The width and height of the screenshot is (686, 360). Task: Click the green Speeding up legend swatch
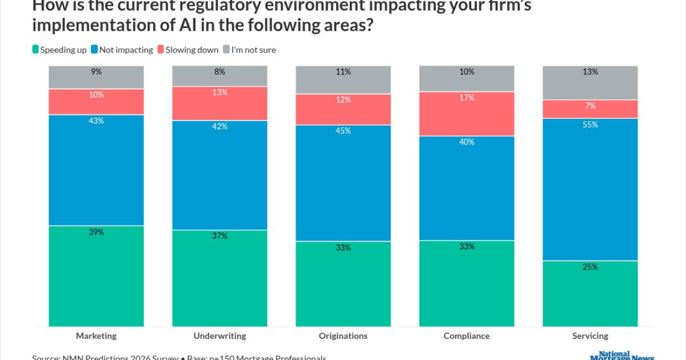[x=35, y=50]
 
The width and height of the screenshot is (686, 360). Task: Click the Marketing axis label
[x=96, y=336]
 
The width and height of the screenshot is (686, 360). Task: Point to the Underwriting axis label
[x=220, y=336]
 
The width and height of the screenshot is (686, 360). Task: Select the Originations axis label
[x=343, y=336]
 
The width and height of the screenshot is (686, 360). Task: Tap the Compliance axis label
[x=466, y=336]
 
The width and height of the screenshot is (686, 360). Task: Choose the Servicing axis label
[x=590, y=336]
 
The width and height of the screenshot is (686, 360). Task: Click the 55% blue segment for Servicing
[x=590, y=189]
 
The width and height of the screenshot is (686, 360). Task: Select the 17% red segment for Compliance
[x=466, y=114]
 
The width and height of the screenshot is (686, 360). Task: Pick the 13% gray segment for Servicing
[x=590, y=83]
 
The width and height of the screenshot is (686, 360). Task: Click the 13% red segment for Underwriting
[x=220, y=103]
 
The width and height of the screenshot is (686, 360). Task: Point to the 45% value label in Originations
[x=344, y=131]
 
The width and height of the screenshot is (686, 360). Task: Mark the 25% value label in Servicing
[x=591, y=267]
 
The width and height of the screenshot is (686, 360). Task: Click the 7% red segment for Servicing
[x=590, y=109]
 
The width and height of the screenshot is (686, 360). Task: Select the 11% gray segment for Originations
[x=343, y=80]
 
